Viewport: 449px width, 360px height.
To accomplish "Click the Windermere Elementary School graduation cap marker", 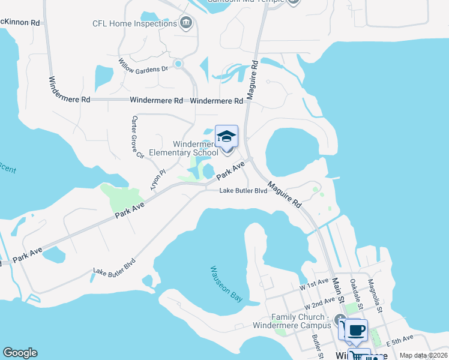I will click(x=226, y=137).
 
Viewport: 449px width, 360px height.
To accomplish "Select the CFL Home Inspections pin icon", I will click(x=186, y=23).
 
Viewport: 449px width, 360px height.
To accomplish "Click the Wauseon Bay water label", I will click(x=226, y=284).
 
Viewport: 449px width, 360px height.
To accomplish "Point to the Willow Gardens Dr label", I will click(x=143, y=65).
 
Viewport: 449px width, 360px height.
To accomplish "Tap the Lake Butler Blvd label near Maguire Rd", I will click(x=243, y=191).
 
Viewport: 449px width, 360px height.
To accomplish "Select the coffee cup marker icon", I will click(x=356, y=329).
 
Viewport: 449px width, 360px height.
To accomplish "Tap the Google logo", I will click(x=20, y=353).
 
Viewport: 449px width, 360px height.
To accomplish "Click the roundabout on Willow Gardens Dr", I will click(x=178, y=63).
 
